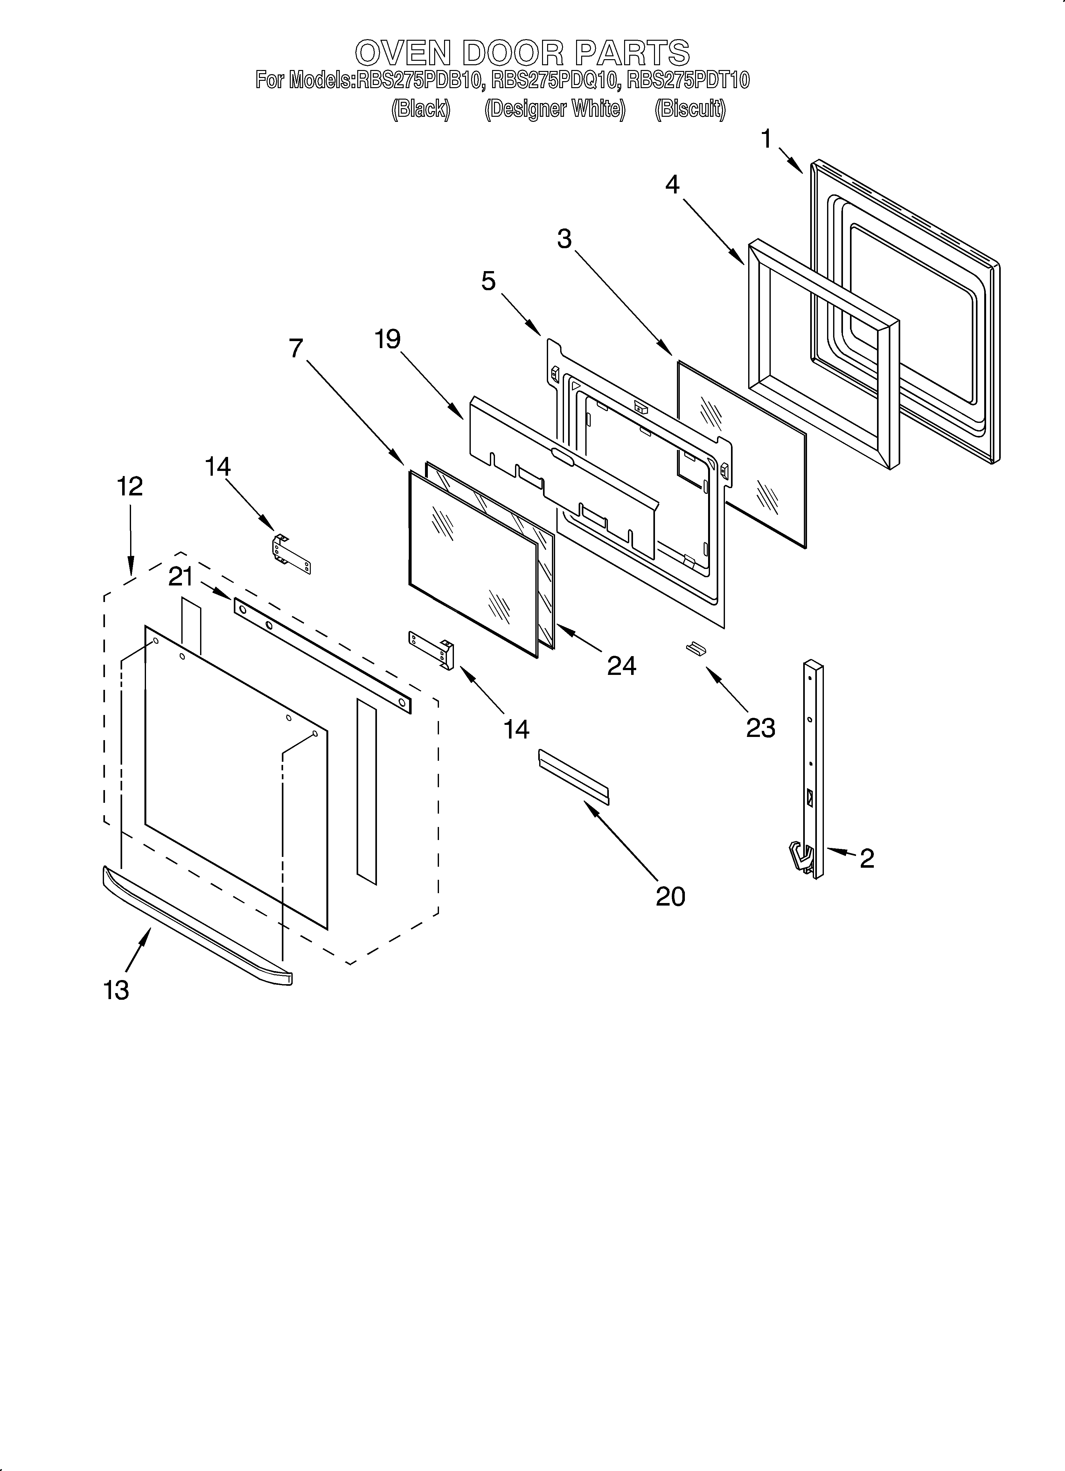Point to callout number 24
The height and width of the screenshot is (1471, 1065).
pos(621,666)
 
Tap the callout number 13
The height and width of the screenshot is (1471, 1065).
pos(116,991)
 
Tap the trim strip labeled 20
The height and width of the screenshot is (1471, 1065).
pos(573,777)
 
